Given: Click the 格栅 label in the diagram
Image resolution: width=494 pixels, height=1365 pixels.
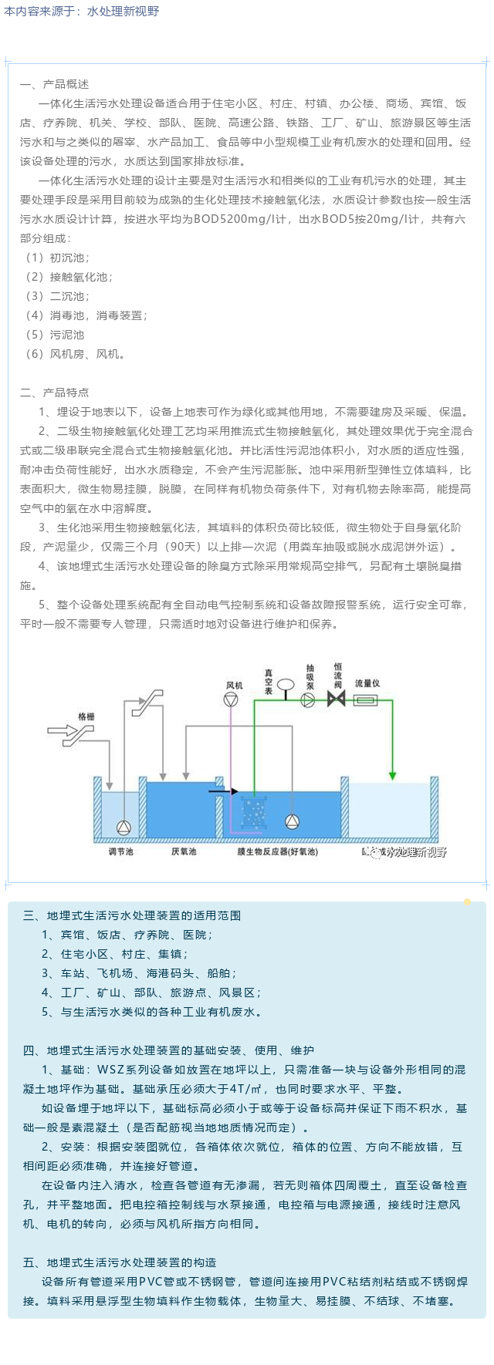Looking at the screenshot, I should point(86,716).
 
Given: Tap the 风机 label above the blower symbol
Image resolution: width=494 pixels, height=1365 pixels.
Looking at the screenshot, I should point(233,685).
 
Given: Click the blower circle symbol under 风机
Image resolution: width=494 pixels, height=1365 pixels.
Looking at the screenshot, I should point(231,699).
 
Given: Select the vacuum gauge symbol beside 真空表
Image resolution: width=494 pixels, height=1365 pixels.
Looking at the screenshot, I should point(285,683).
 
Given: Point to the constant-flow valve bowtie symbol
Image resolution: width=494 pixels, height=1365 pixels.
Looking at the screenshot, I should point(337,699).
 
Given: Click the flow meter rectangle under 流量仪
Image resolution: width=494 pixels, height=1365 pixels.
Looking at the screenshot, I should point(365,699).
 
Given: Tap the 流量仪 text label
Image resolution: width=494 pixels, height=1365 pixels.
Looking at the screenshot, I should point(367,683).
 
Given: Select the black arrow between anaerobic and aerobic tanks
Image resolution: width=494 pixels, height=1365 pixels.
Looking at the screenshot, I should point(224,790).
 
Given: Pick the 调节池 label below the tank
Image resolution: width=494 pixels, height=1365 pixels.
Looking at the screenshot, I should point(121,851).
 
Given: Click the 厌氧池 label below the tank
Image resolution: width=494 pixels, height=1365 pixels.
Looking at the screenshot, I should point(184,851).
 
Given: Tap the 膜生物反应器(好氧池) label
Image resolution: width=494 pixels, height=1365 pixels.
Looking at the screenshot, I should point(277,851).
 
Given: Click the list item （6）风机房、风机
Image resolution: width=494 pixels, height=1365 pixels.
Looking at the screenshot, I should point(74,354).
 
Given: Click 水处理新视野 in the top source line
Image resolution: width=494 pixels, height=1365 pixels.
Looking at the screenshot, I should point(123,12).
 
